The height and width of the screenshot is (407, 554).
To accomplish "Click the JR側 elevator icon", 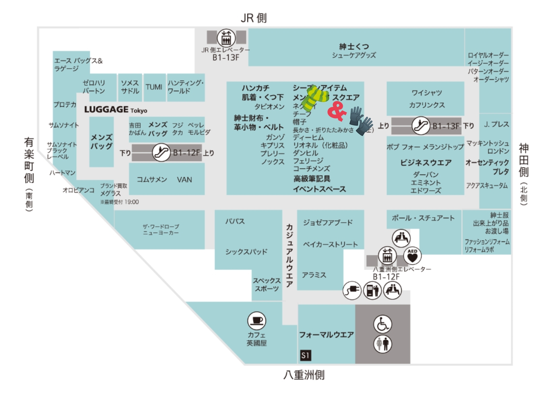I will (x=226, y=38).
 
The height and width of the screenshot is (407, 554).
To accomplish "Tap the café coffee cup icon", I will (x=257, y=320).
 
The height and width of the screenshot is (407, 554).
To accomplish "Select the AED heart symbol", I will (x=412, y=256).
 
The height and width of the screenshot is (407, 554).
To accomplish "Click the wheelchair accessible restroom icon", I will (x=382, y=324).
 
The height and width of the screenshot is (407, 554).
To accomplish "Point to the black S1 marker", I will (x=305, y=355).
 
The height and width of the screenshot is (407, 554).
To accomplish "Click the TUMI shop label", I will (x=154, y=87).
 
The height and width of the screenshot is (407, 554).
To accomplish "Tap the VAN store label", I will (x=184, y=180).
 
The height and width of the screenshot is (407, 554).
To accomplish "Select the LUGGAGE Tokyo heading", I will (x=115, y=110).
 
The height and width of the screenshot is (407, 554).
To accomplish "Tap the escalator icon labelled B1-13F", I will (x=421, y=126).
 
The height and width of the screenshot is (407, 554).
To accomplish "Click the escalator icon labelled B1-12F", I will (x=161, y=152).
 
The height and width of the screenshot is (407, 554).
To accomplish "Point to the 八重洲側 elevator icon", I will (x=387, y=256).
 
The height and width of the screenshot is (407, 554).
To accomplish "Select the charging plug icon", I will (x=352, y=290).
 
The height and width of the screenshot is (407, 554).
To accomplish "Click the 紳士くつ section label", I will (x=354, y=46).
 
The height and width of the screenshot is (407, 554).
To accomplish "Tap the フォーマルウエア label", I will (x=326, y=335).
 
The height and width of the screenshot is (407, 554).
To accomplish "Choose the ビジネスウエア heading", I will (x=426, y=163).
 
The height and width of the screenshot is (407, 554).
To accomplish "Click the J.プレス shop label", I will (x=496, y=125).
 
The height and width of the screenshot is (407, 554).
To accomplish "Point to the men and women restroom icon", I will (x=382, y=344).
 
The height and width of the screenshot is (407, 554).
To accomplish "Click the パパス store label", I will (x=235, y=222).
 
